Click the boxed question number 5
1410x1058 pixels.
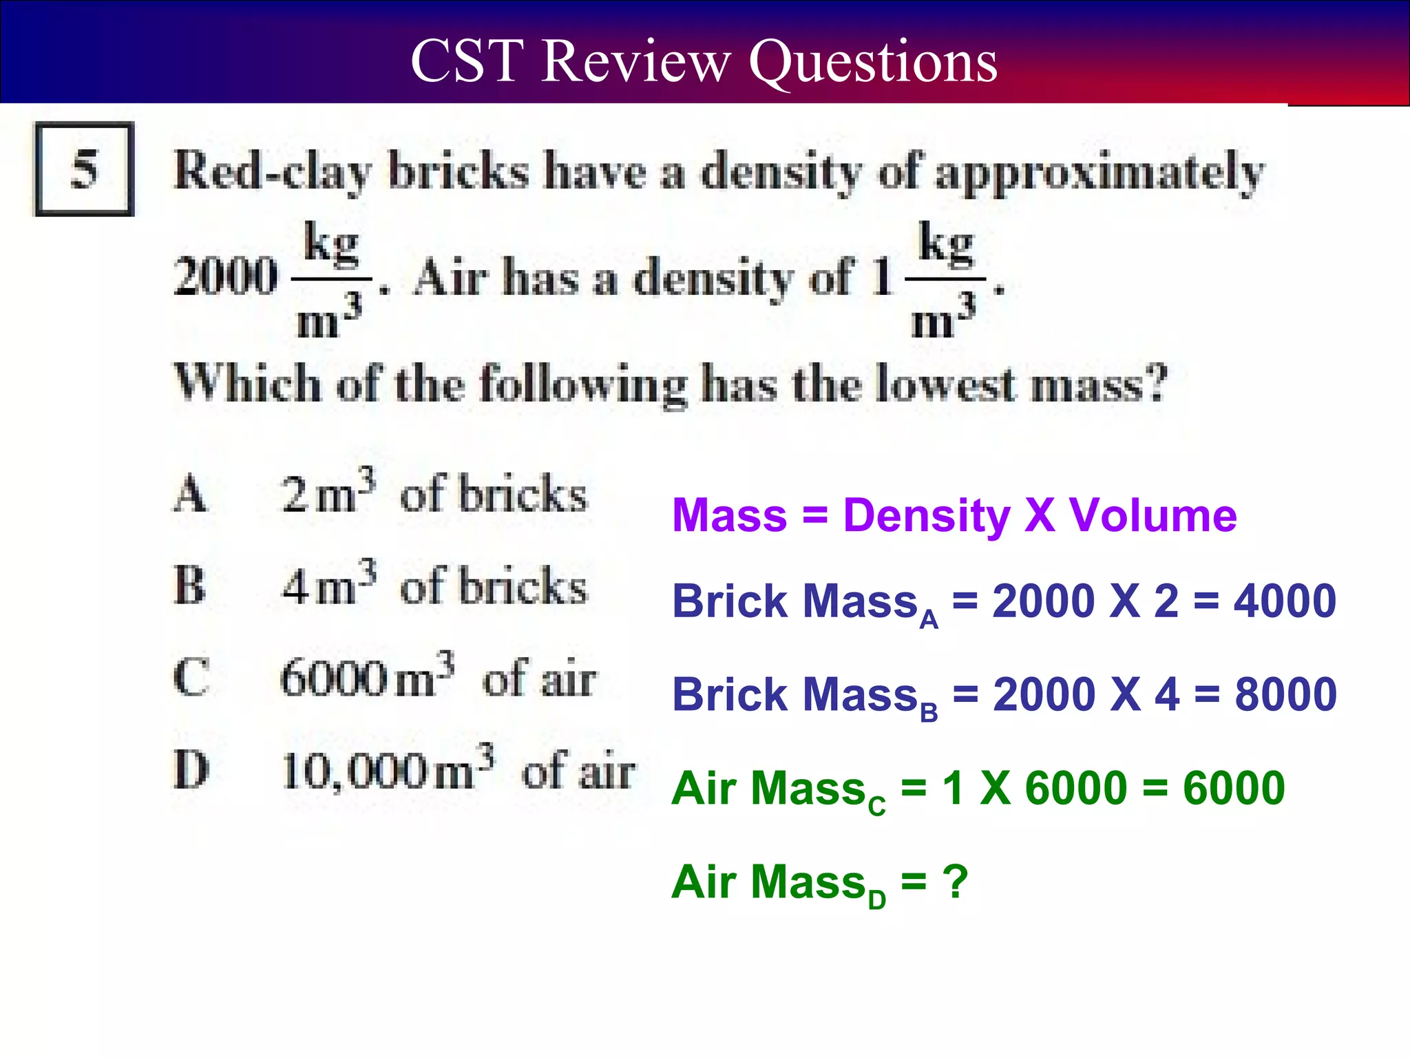click(84, 169)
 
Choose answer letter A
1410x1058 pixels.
click(189, 495)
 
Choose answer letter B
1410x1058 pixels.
click(189, 586)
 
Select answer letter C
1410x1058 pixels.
click(191, 678)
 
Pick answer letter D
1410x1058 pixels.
click(191, 770)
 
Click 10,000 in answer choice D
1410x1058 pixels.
click(354, 771)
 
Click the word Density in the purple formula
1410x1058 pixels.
click(926, 517)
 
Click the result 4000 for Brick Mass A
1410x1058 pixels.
click(1284, 601)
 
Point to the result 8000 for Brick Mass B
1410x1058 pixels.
click(1285, 694)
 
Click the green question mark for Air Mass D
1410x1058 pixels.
click(956, 882)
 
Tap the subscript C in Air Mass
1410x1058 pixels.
click(876, 805)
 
